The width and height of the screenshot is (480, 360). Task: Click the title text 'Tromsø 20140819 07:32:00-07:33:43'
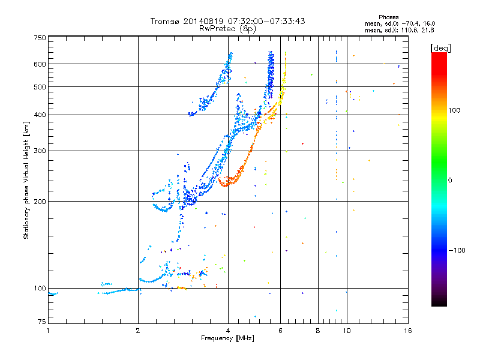tap(227, 21)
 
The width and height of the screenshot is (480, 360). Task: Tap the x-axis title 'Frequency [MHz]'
tap(227, 338)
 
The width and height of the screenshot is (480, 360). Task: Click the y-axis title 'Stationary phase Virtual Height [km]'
tap(26, 180)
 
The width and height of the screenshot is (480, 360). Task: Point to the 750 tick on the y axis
tap(40, 38)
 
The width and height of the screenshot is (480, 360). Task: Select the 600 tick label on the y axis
tap(40, 64)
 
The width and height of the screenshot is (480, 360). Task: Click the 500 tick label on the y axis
tap(40, 87)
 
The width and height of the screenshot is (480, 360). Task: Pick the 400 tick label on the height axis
tap(40, 115)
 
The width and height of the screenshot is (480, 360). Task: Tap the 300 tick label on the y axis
tap(40, 151)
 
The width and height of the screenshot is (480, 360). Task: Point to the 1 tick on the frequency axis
tap(48, 330)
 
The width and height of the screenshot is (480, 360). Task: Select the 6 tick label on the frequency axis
tap(281, 330)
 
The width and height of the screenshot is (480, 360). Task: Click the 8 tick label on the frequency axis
tap(318, 330)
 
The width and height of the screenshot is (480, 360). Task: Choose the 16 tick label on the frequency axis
tap(407, 330)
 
